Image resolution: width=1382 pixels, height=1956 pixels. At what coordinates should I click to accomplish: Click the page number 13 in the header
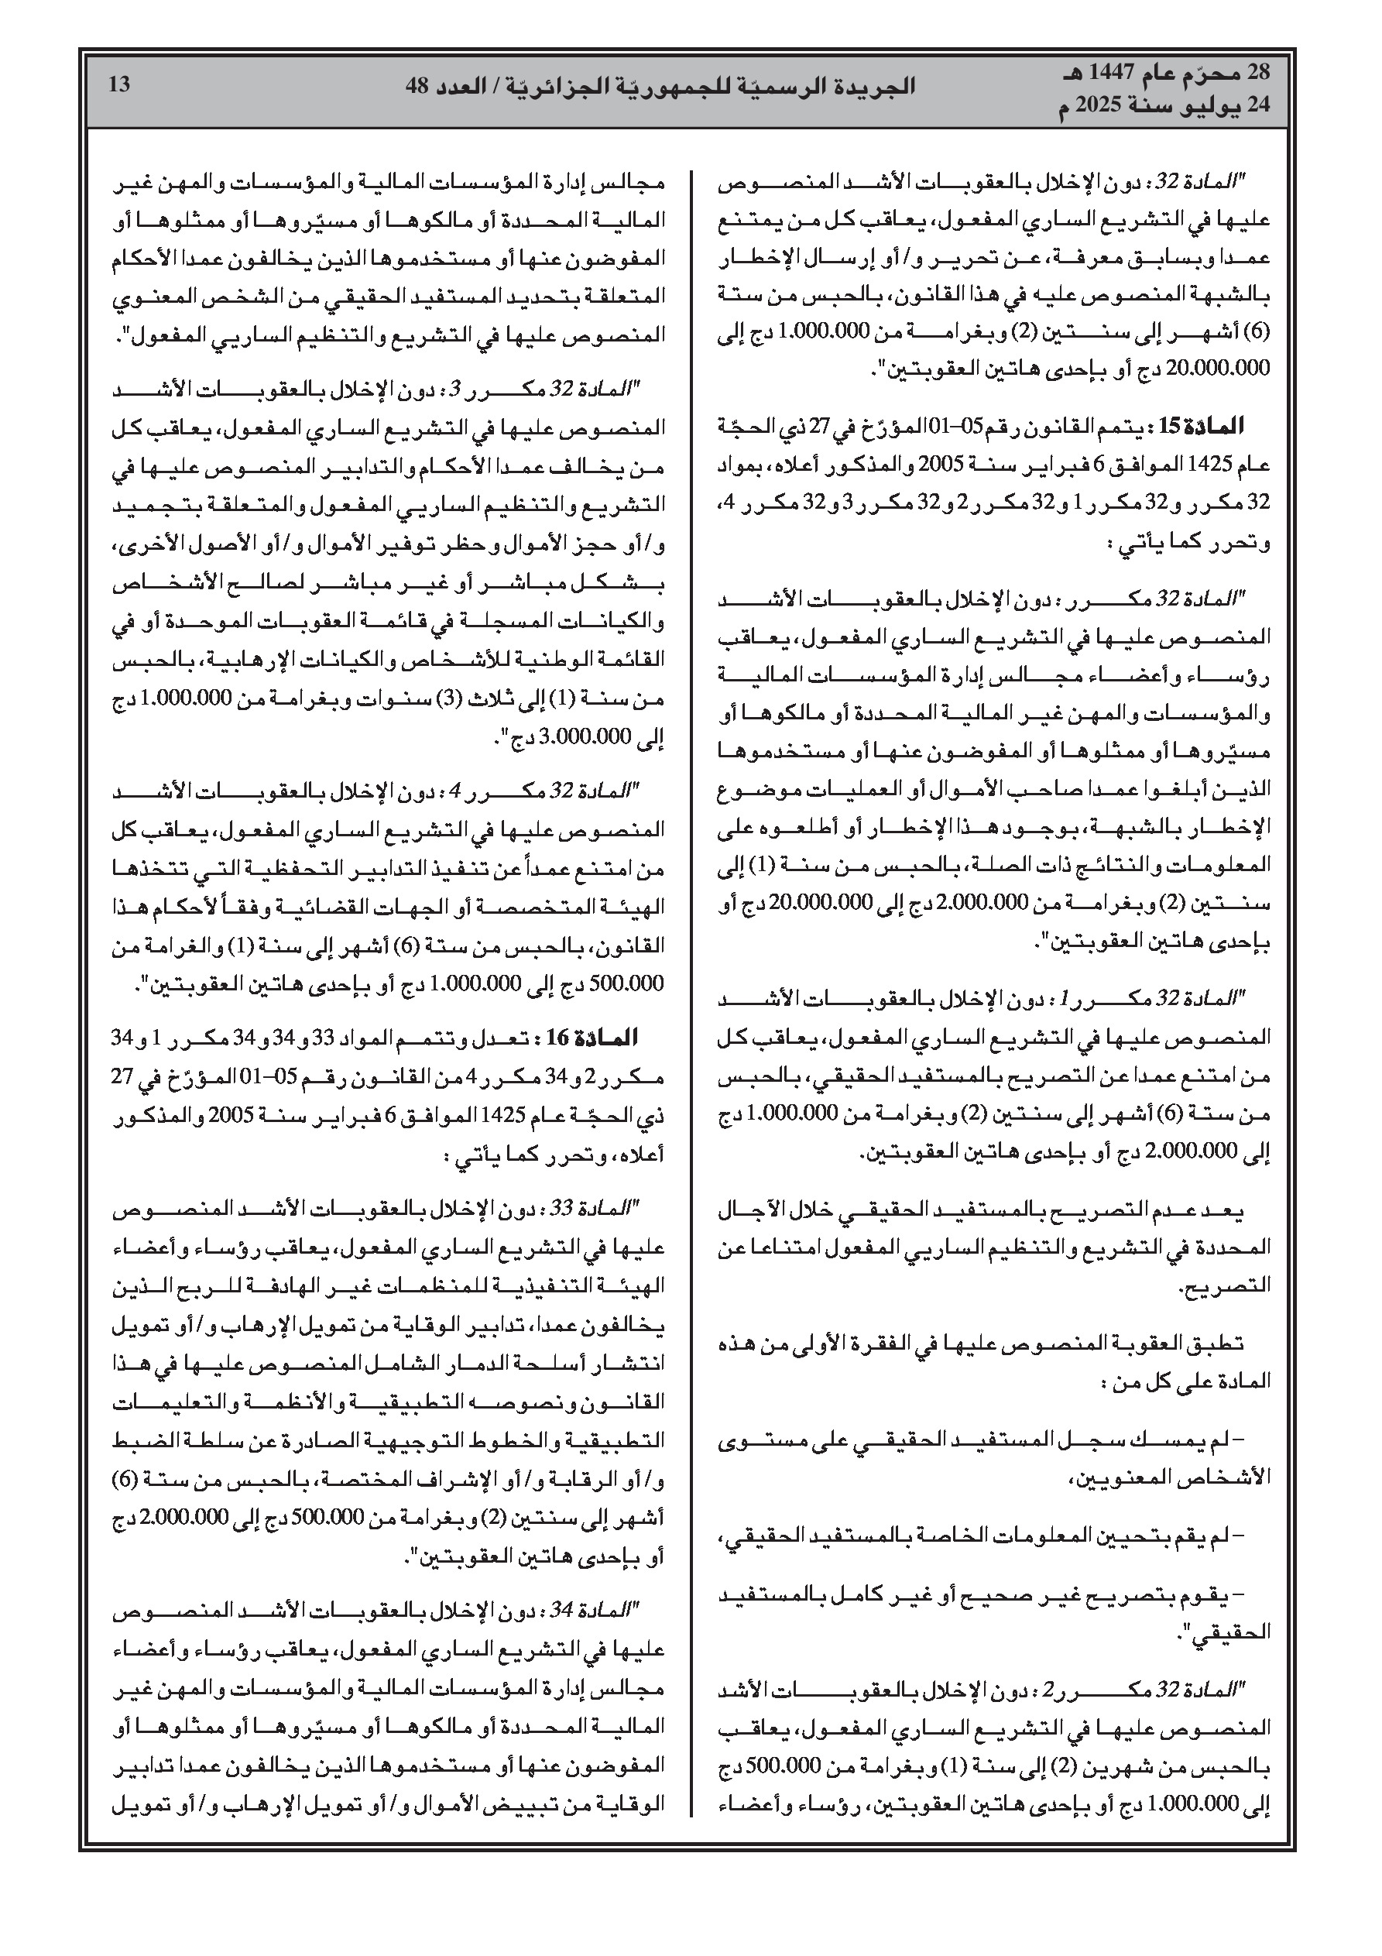pos(119,85)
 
